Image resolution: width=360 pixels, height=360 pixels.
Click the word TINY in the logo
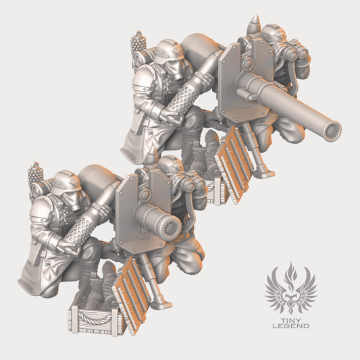pos(291,321)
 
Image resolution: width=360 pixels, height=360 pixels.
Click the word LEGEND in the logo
pos(291,326)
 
